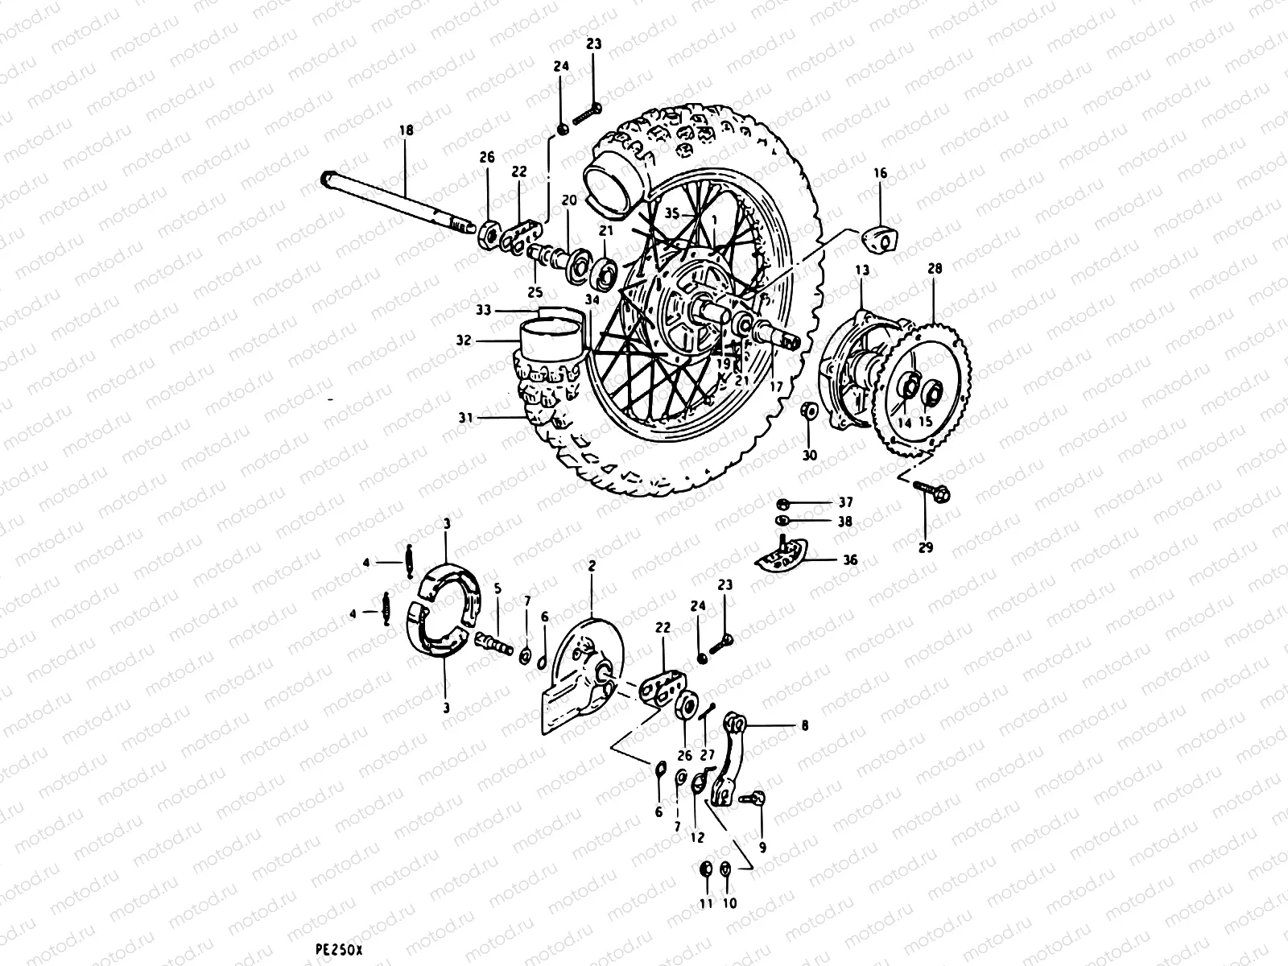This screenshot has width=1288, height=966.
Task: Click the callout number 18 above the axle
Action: pyautogui.click(x=405, y=130)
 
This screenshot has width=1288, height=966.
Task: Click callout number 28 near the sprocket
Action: pyautogui.click(x=935, y=268)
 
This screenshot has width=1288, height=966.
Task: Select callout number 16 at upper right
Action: pyautogui.click(x=880, y=174)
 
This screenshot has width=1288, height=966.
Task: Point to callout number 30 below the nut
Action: pyautogui.click(x=810, y=456)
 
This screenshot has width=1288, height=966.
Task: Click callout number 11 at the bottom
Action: pyautogui.click(x=706, y=904)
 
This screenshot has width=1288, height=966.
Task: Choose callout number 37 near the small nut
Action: pyautogui.click(x=844, y=502)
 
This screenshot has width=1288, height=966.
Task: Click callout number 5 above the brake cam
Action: pyautogui.click(x=497, y=588)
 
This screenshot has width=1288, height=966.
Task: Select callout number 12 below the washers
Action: pyautogui.click(x=698, y=837)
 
